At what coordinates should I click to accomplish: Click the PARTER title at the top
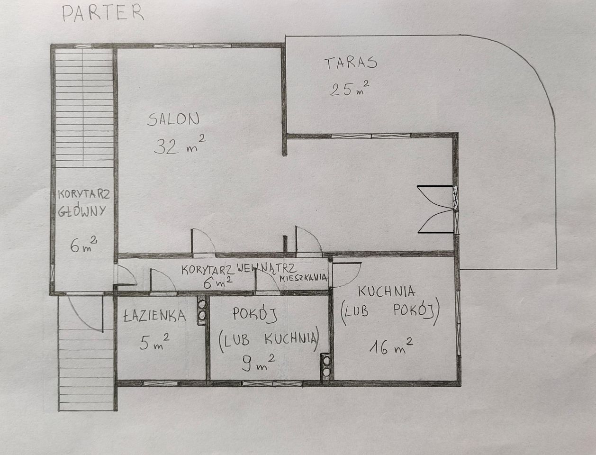[x=103, y=13]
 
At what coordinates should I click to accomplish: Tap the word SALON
[x=173, y=119]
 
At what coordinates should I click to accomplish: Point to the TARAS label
[x=351, y=63]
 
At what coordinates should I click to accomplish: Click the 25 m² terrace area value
[x=350, y=89]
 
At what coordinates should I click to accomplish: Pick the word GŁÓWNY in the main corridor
[x=82, y=211]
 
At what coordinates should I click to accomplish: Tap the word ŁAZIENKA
[x=154, y=316]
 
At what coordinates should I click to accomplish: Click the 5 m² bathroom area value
[x=154, y=342]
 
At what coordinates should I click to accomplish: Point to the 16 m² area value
[x=391, y=346]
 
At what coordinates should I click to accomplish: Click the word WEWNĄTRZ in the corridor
[x=266, y=268]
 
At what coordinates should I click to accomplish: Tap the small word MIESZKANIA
[x=303, y=278]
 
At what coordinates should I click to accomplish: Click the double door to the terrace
[x=435, y=209]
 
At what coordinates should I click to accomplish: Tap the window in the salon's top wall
[x=193, y=45]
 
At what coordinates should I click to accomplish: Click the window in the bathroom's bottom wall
[x=160, y=383]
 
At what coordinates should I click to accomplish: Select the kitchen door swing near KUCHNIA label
[x=346, y=274]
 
